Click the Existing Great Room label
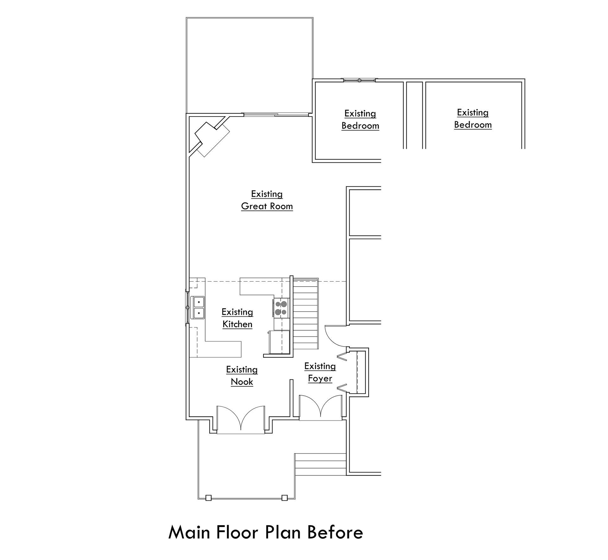pyautogui.click(x=267, y=200)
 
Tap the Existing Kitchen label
pyautogui.click(x=237, y=318)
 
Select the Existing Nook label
pyautogui.click(x=242, y=376)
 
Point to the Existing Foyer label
pyautogui.click(x=320, y=372)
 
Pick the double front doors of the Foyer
pyautogui.click(x=320, y=407)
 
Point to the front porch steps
pyautogui.click(x=320, y=464)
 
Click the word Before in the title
pyautogui.click(x=335, y=532)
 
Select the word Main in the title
pyautogui.click(x=189, y=532)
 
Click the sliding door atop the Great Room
pyautogui.click(x=275, y=114)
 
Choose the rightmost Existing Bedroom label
pyautogui.click(x=473, y=118)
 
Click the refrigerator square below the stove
pyautogui.click(x=279, y=341)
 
